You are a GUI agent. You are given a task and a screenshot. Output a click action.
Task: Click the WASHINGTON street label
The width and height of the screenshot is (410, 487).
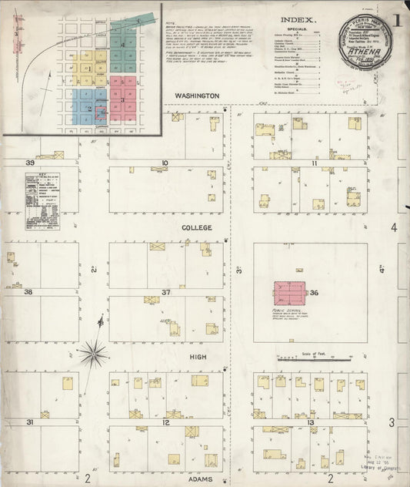click(x=197, y=96)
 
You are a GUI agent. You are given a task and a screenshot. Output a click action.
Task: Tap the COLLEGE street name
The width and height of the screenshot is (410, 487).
click(x=196, y=228)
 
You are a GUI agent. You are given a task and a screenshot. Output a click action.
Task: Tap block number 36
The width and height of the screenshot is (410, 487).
click(x=313, y=293)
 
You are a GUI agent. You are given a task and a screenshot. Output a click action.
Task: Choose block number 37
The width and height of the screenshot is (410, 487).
click(x=165, y=293)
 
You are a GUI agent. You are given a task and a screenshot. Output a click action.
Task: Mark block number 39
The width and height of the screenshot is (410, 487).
click(x=30, y=163)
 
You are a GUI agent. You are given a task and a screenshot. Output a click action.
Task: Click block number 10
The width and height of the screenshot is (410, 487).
click(x=165, y=163)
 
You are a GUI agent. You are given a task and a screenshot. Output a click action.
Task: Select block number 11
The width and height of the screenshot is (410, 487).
click(x=314, y=163)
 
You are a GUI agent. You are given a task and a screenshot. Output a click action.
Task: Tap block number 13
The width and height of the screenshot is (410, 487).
click(x=311, y=422)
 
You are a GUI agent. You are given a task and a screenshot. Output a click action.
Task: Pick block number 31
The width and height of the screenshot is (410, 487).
click(x=30, y=422)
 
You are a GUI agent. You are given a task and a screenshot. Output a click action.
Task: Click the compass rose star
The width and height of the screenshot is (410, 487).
click(x=93, y=354)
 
